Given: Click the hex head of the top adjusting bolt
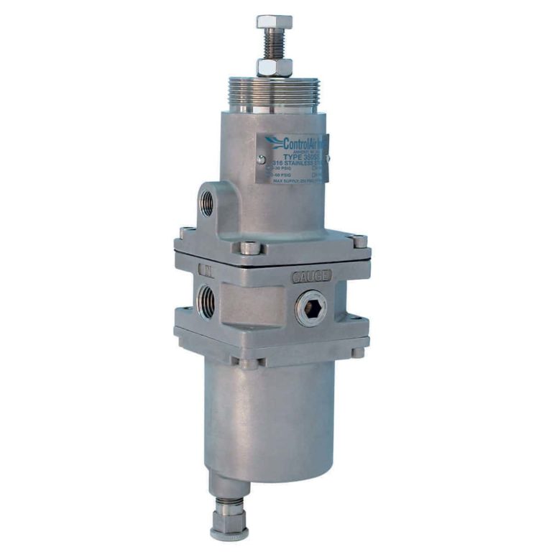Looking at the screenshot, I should click(x=275, y=22).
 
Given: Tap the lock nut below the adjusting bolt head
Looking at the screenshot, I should click(x=275, y=68).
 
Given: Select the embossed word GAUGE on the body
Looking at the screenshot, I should click(x=311, y=276).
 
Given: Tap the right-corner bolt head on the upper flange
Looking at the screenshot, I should click(x=359, y=241).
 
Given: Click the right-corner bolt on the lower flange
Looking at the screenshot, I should click(x=357, y=352).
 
